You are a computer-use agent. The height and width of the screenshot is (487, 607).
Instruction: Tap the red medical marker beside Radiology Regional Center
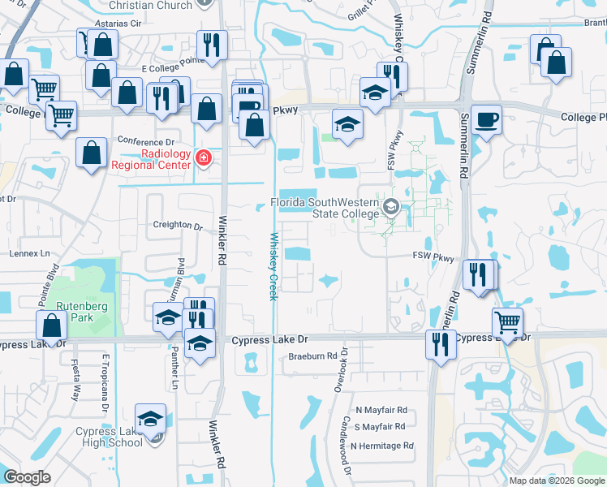tap(204, 157)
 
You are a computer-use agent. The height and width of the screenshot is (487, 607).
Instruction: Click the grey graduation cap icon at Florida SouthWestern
tap(390, 207)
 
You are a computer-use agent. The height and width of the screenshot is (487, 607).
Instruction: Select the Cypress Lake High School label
tap(110, 437)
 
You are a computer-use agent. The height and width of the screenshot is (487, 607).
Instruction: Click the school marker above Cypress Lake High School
tap(149, 419)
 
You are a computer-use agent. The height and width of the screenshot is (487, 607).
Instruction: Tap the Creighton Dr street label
tap(177, 226)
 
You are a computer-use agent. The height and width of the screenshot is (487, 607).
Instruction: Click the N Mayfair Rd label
tap(381, 411)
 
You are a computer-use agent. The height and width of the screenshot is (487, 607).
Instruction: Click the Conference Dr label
tap(145, 141)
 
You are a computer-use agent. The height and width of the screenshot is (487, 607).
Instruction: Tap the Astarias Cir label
tap(118, 24)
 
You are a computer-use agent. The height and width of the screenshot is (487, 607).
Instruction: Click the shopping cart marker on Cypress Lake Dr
tap(507, 321)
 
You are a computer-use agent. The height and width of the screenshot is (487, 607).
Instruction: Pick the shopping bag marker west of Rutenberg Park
tap(51, 325)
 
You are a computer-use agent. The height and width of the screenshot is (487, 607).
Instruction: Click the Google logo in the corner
tap(28, 477)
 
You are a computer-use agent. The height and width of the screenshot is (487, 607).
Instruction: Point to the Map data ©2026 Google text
tap(556, 481)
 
